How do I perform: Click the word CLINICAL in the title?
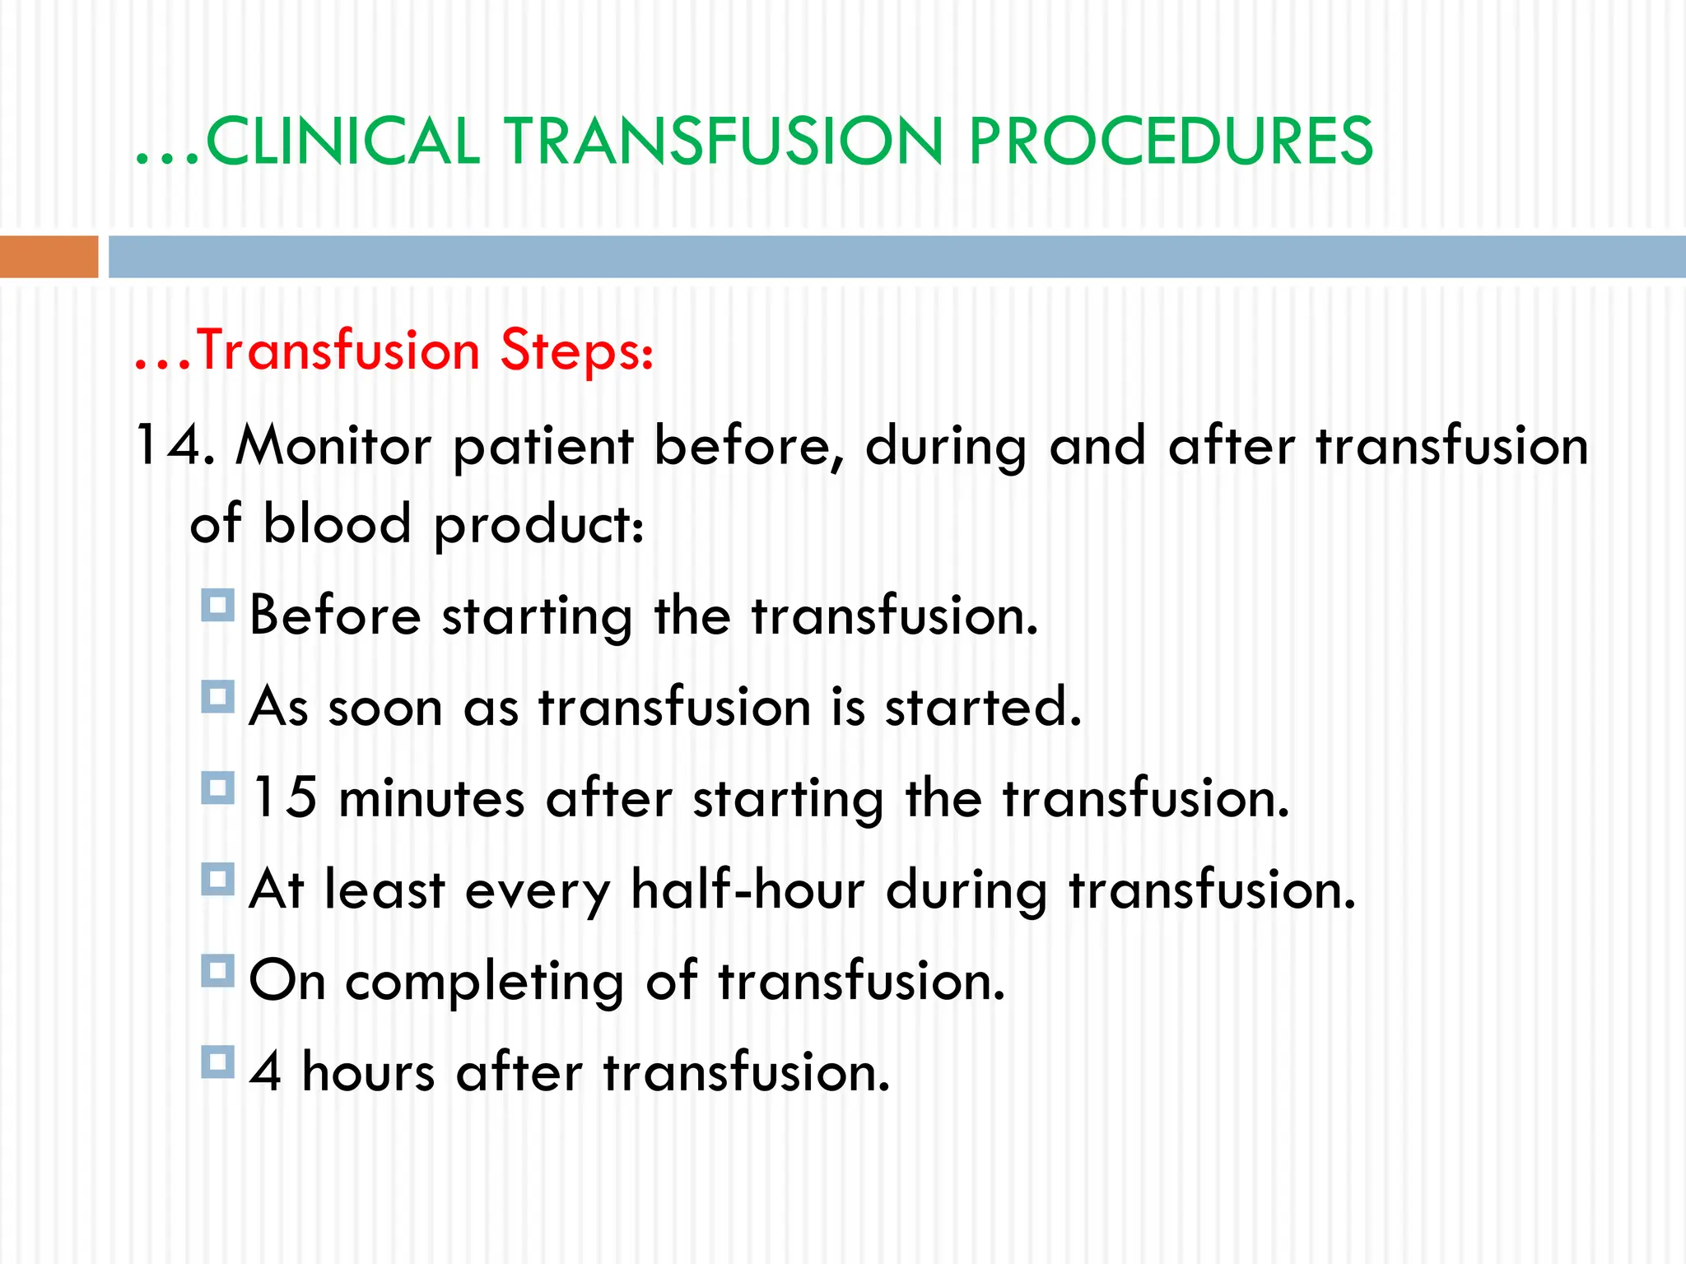point(342,142)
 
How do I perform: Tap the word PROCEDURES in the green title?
point(1170,142)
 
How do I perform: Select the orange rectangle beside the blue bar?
point(49,256)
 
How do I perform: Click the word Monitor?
point(333,445)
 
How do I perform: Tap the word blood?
point(337,523)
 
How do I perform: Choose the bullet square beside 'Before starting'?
point(217,606)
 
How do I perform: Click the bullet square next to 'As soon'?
point(217,698)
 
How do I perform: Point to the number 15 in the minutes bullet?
point(284,797)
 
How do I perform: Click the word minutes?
point(431,798)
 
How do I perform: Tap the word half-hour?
point(747,890)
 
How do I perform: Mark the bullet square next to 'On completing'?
point(217,972)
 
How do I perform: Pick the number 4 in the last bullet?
point(265,1072)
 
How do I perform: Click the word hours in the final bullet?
point(368,1072)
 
